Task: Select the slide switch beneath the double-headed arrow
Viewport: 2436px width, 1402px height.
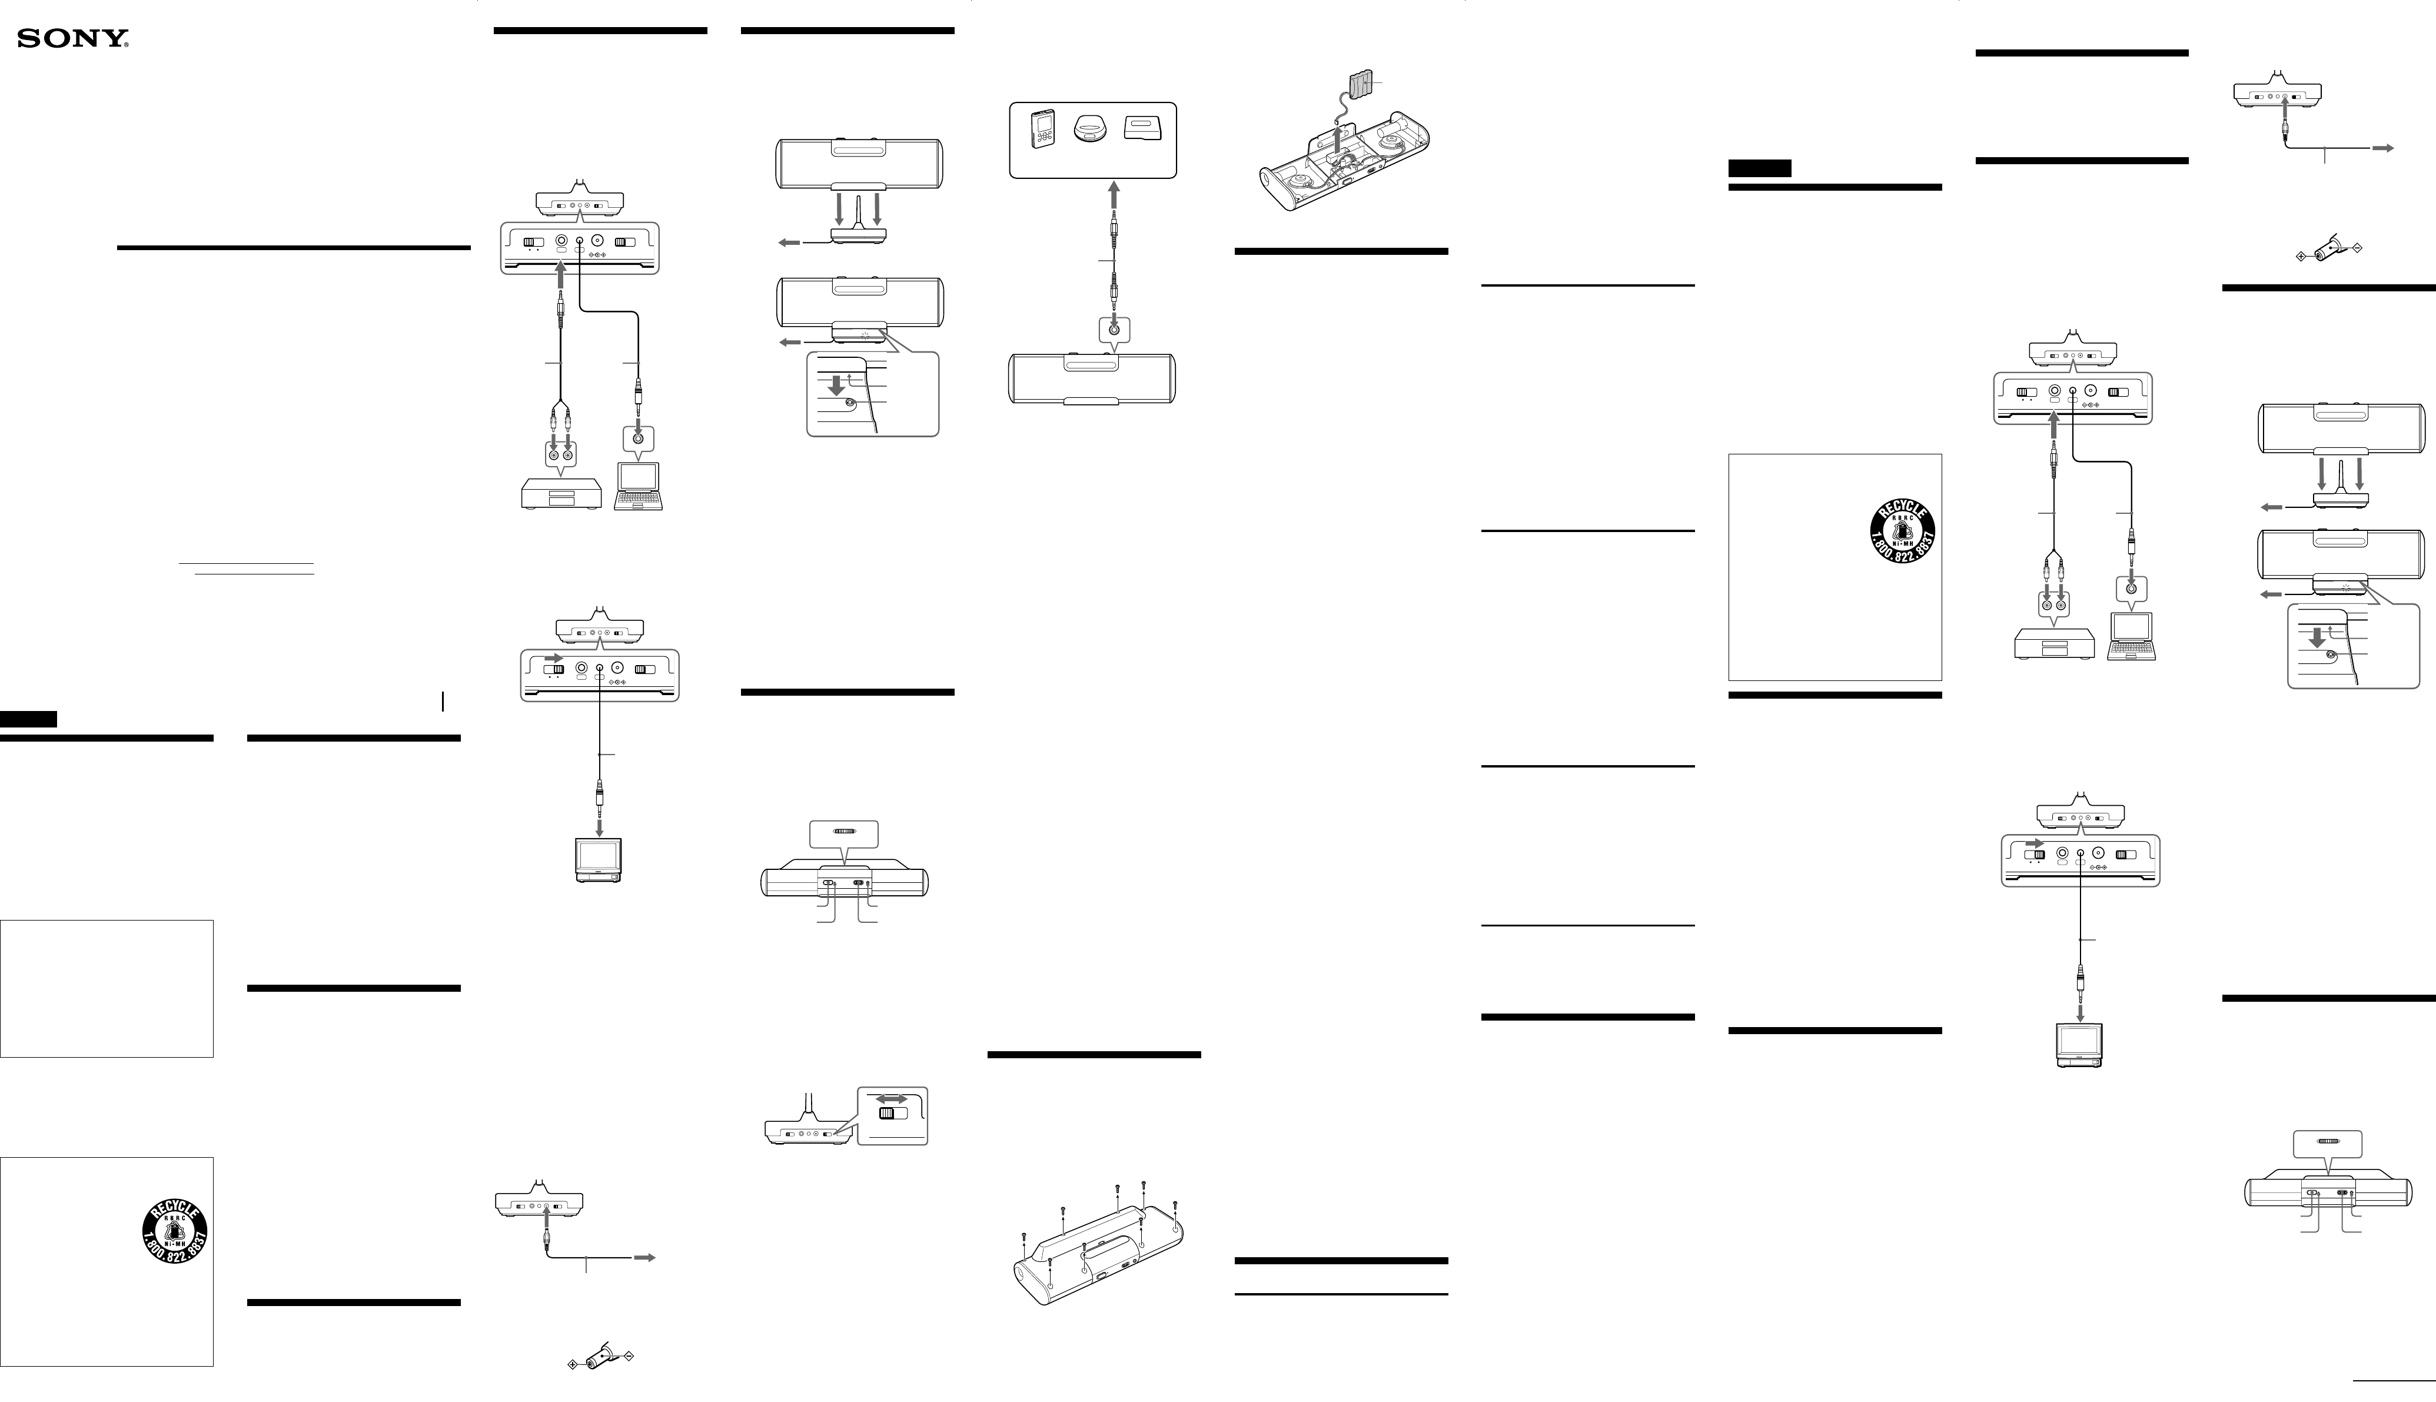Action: [893, 1114]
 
